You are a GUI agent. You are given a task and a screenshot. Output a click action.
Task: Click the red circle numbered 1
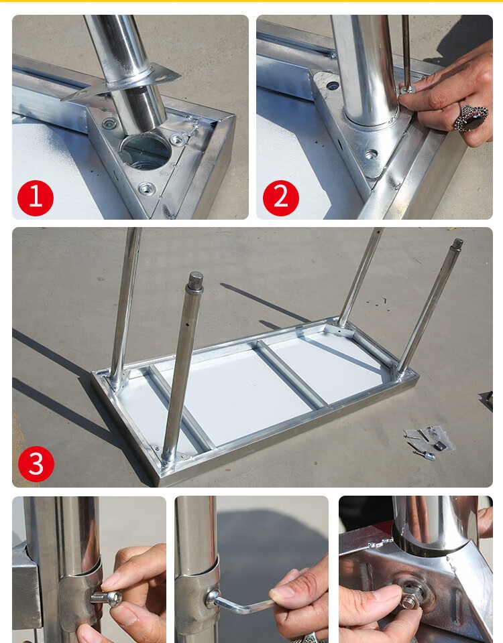coord(36,198)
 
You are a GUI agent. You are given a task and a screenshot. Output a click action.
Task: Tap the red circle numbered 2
coord(281,198)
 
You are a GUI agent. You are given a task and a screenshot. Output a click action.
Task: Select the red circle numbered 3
coord(36,463)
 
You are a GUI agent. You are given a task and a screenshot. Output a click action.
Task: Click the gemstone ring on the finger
coord(471,117)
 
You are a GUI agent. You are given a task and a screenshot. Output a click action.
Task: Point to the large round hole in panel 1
coord(146,151)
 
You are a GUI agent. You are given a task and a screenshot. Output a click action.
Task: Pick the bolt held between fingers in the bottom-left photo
coord(107,598)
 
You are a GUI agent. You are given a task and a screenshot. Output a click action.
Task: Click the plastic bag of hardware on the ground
coord(429,440)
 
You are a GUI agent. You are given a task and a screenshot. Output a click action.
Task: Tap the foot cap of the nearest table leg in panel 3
coord(195,281)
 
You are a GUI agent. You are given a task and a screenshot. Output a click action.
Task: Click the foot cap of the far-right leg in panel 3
coord(457,244)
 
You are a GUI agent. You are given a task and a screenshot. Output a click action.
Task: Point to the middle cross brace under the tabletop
coord(290,374)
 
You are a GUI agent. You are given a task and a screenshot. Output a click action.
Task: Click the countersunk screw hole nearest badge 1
coord(147,189)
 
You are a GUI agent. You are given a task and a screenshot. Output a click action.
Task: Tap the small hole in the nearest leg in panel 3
coord(188,324)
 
